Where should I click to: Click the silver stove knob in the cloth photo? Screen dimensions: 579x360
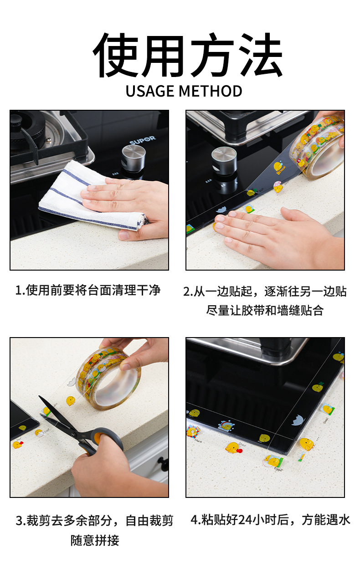pos(134,157)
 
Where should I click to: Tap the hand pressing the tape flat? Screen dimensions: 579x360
pos(273,232)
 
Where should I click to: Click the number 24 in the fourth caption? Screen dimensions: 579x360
pos(245,520)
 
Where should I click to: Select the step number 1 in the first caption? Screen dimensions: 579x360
pos(19,290)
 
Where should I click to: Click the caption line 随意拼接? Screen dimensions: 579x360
pos(95,541)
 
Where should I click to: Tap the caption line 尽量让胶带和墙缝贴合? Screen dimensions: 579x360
pos(265,311)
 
